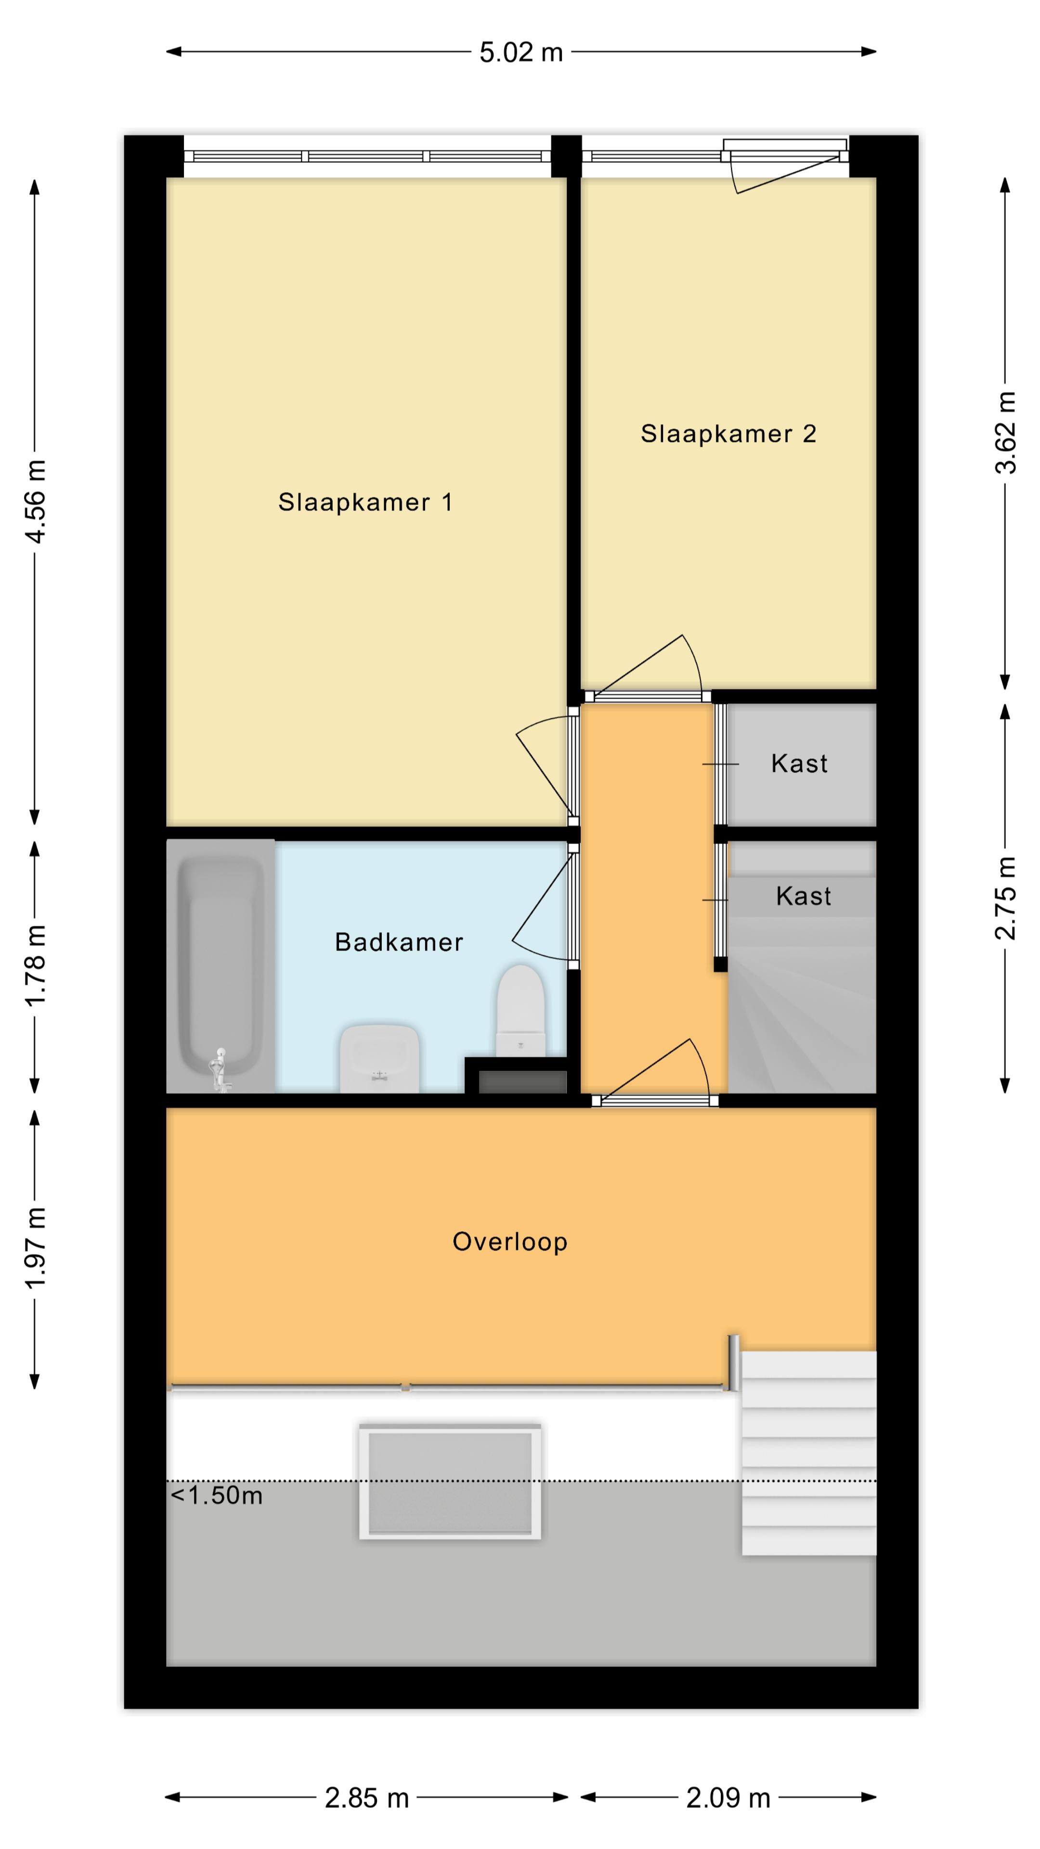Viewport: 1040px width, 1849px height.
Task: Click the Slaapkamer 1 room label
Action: pyautogui.click(x=365, y=502)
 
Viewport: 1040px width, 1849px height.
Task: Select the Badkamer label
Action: pyautogui.click(x=399, y=942)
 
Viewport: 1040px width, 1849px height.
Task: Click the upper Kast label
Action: pyautogui.click(x=800, y=763)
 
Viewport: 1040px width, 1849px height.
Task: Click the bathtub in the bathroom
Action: pyautogui.click(x=221, y=966)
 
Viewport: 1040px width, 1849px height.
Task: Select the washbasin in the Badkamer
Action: pyautogui.click(x=380, y=1058)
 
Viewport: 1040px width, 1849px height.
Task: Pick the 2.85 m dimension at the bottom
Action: pyautogui.click(x=367, y=1798)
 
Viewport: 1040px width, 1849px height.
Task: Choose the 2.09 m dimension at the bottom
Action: pyautogui.click(x=728, y=1798)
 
